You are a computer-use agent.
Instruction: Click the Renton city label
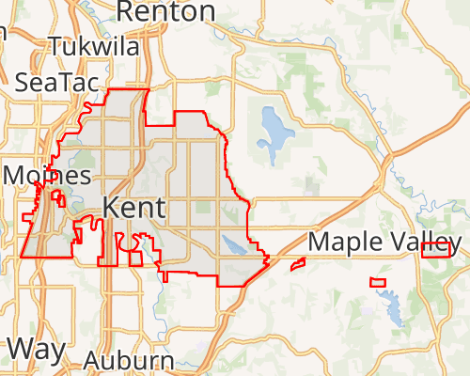[165, 11]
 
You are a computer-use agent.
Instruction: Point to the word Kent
[133, 208]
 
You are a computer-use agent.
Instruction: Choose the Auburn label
[129, 361]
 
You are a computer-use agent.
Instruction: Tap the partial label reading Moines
[47, 176]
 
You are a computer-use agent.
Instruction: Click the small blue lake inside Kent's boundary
[235, 247]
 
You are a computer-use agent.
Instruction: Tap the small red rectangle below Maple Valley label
[378, 282]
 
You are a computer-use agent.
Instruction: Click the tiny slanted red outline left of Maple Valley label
[298, 264]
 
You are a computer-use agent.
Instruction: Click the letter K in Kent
[110, 208]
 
